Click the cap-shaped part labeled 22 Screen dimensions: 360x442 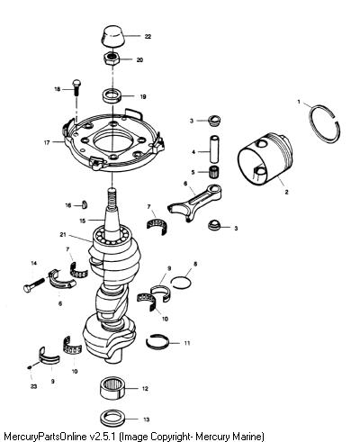click(x=112, y=36)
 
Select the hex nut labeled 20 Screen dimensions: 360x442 click(x=112, y=58)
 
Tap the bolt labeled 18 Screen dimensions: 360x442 click(x=76, y=87)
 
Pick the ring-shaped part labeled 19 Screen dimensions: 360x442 click(x=112, y=96)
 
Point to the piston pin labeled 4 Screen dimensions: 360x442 click(x=214, y=149)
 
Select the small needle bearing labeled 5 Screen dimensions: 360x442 click(x=214, y=172)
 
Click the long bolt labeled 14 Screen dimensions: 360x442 click(x=33, y=284)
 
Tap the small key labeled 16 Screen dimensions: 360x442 click(x=85, y=204)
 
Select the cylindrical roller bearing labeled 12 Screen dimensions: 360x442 click(x=112, y=389)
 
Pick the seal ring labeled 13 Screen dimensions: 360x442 click(x=112, y=419)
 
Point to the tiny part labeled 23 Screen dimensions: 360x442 click(x=30, y=367)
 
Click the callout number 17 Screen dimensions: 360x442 click(x=47, y=143)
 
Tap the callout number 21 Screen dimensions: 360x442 click(x=63, y=235)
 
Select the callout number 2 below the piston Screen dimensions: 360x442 click(x=286, y=192)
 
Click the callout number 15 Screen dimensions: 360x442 click(x=83, y=221)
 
